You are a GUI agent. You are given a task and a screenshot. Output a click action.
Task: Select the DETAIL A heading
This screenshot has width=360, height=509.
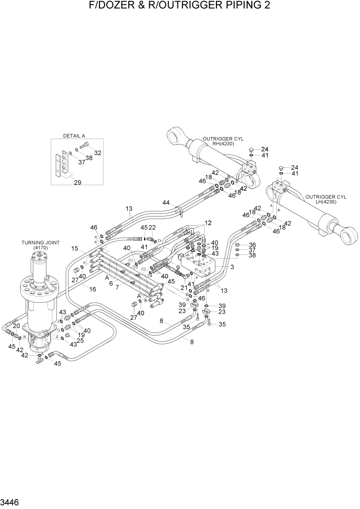[x=74, y=135]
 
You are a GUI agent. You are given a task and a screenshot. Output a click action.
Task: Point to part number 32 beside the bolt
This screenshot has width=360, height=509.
[x=97, y=153]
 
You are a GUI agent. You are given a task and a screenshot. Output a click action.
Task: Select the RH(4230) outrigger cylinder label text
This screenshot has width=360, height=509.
[x=223, y=144]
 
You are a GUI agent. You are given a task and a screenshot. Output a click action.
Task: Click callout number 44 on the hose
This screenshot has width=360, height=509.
[x=166, y=203]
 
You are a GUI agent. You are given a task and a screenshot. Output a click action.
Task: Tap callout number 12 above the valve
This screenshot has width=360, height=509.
[x=207, y=223]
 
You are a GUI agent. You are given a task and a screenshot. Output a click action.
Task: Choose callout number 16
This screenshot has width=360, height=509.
[x=93, y=290]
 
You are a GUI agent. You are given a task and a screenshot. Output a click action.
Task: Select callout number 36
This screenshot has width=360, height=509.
[x=252, y=245]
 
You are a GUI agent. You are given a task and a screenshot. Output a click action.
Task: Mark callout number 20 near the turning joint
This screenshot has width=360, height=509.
[x=16, y=326]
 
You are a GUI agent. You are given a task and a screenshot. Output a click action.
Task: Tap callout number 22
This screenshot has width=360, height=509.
[x=152, y=227]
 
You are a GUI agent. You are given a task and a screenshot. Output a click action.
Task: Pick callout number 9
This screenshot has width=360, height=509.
[x=177, y=267]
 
